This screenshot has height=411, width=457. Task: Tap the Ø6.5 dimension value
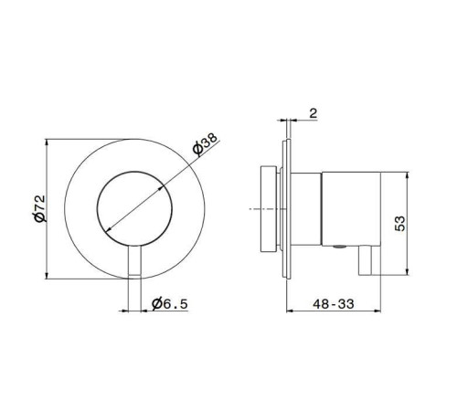point(170,303)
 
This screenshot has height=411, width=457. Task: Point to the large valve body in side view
point(352,208)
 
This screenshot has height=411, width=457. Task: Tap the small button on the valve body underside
point(338,247)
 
